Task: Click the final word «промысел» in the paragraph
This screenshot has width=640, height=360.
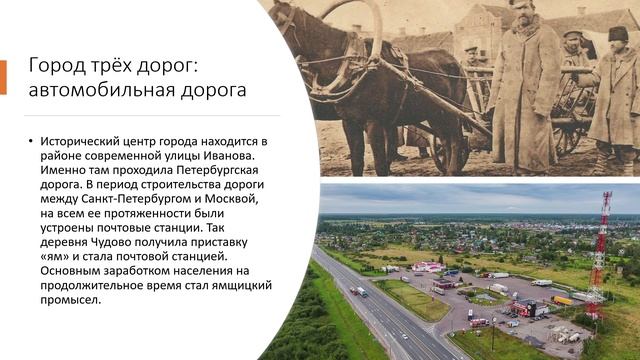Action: (x=69, y=296)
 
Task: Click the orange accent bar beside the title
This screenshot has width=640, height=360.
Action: (x=3, y=77)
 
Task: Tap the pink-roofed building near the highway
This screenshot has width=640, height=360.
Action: (x=429, y=267)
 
